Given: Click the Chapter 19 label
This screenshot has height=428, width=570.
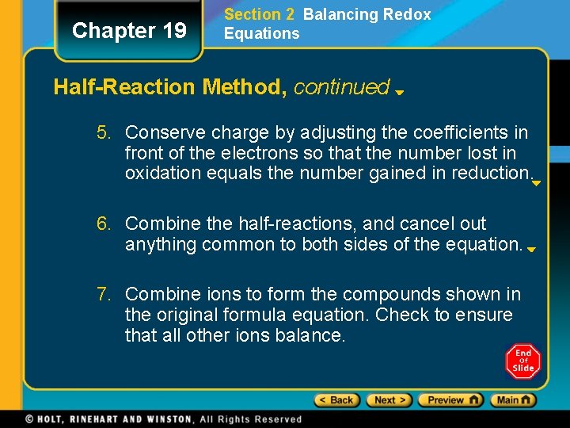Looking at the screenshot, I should tap(129, 31).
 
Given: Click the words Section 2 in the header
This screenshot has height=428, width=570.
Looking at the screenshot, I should tap(253, 14).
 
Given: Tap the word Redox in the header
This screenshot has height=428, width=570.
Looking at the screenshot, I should tap(406, 14).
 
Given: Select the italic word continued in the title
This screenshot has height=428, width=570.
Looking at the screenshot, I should tap(342, 87).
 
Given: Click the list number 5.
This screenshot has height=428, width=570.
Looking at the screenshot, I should tap(104, 132).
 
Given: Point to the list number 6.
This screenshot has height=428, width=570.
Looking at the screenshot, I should tap(104, 224).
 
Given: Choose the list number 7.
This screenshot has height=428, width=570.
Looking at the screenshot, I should tap(104, 295).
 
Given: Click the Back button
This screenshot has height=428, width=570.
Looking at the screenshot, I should tap(337, 400).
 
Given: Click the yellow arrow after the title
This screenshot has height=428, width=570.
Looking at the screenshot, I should tap(401, 92).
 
